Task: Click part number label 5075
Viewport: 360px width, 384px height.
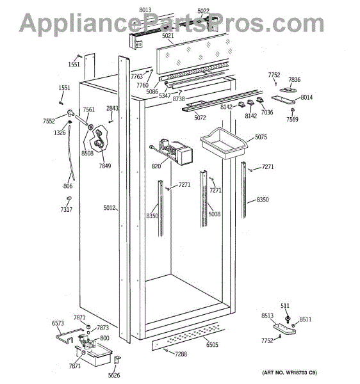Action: click(x=261, y=137)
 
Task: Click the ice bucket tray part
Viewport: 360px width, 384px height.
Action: click(x=224, y=143)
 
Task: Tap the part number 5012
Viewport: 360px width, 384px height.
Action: click(x=110, y=208)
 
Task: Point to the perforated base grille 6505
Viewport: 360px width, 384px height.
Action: click(x=188, y=337)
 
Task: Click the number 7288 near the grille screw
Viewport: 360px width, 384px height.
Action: click(x=181, y=354)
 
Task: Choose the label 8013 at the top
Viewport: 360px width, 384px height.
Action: click(x=145, y=10)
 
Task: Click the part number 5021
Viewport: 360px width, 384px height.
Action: click(x=168, y=36)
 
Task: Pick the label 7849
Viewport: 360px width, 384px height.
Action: click(x=105, y=166)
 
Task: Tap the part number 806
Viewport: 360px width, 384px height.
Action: click(x=68, y=186)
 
